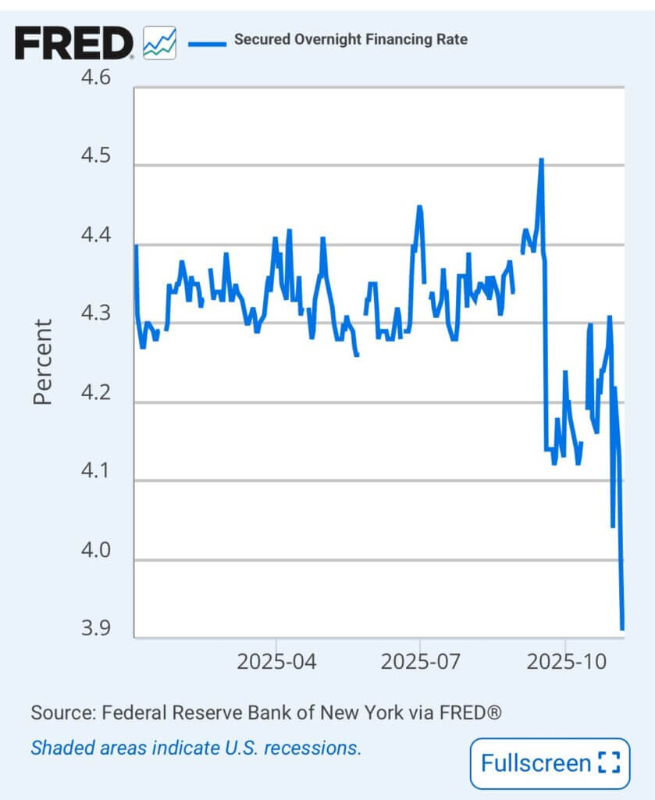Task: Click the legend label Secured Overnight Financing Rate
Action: point(351,39)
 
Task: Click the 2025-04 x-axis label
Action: point(276,662)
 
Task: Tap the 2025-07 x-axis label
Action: point(420,662)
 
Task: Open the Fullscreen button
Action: point(549,762)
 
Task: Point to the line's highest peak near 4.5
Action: point(541,159)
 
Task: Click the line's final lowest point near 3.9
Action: point(622,627)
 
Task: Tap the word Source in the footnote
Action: point(59,712)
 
